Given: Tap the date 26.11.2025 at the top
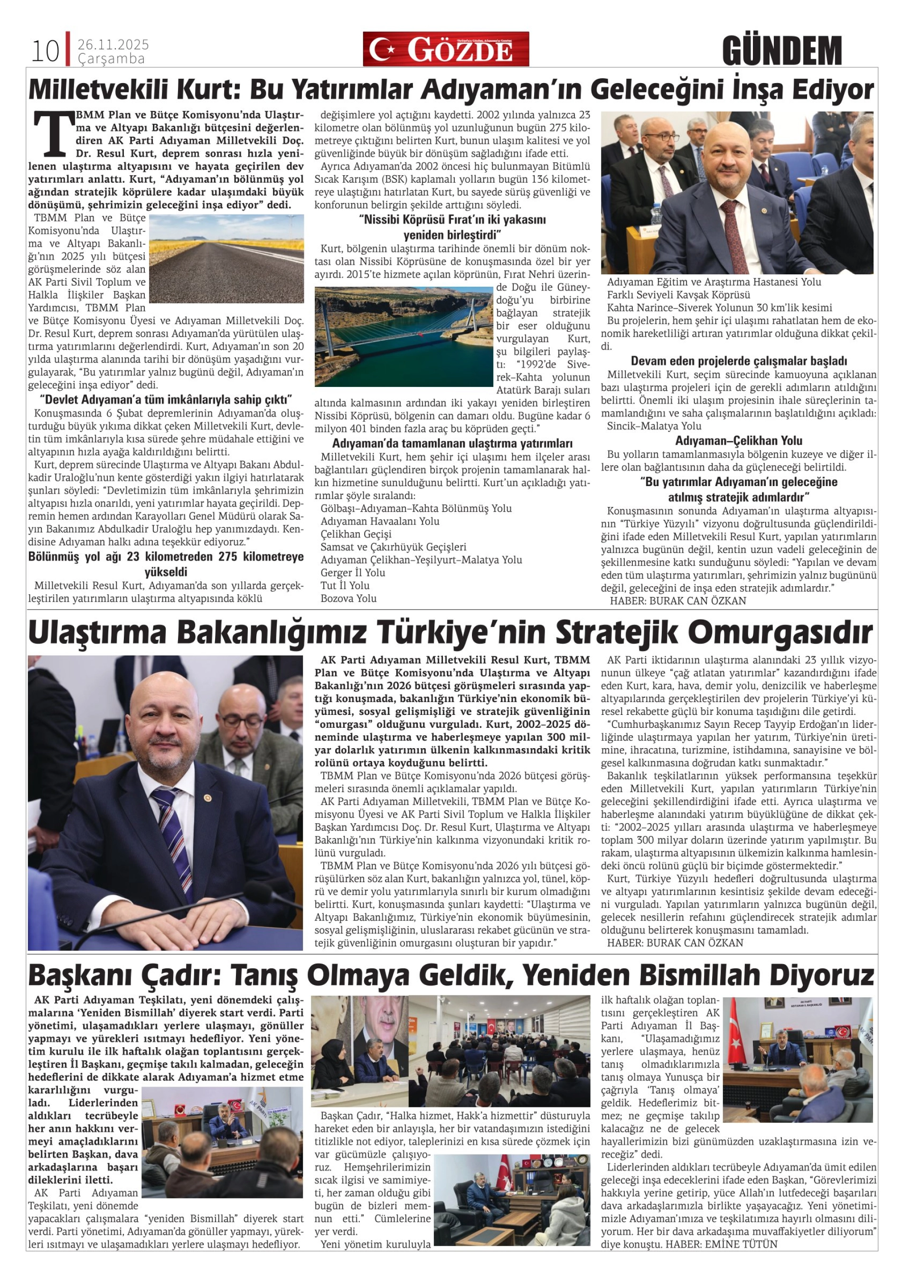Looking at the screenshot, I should coord(113,45).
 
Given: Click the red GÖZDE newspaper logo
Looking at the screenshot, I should coord(446,49).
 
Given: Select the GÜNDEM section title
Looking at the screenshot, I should coord(782,51).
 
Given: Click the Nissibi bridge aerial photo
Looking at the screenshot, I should coord(404,336).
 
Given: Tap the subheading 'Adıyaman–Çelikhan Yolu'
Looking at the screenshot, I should coord(739,441).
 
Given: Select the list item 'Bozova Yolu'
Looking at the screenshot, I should coord(348,599).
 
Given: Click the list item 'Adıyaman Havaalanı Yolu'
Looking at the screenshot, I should coord(380,521).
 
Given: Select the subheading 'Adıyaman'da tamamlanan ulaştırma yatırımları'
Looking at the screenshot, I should coord(452,443).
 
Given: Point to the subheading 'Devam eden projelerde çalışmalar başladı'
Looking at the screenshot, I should coord(739,361).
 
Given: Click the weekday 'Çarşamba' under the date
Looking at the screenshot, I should coord(111,59).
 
